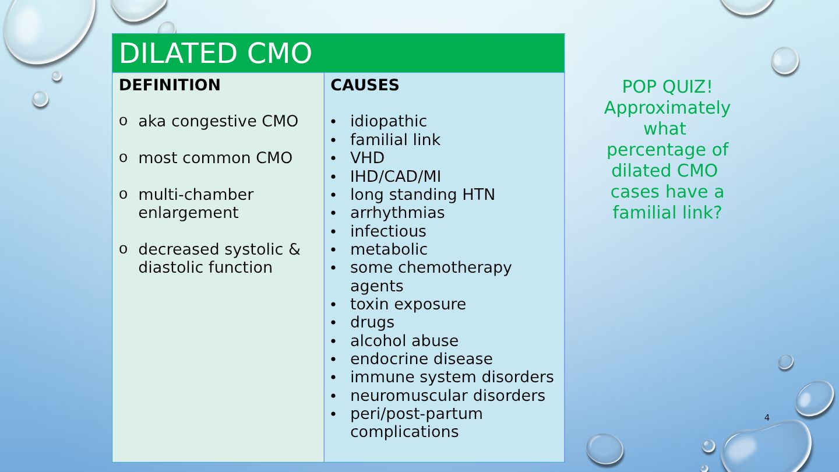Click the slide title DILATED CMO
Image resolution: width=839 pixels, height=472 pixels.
point(216,53)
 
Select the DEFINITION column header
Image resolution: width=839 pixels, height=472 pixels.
point(170,85)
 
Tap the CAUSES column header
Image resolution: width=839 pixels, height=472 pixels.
point(365,85)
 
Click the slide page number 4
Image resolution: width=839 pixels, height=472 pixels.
point(767,418)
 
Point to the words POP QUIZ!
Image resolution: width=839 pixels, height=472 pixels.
point(667,87)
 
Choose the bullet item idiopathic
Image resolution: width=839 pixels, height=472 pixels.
point(389,121)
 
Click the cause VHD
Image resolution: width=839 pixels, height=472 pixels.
point(367,158)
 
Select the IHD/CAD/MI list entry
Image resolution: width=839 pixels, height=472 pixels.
point(396,177)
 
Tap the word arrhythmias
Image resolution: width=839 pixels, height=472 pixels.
point(397,213)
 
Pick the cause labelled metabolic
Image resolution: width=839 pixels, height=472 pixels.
point(389,249)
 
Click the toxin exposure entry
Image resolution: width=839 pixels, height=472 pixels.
point(408,304)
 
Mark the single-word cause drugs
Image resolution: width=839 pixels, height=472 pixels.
point(372,323)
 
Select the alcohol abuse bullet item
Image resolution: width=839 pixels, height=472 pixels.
point(404,341)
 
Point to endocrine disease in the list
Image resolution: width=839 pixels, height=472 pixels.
point(421,359)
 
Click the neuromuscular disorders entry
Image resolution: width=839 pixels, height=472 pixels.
point(447,396)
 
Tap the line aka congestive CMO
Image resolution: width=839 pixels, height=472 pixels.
point(218,121)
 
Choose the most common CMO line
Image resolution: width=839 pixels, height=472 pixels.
point(216,158)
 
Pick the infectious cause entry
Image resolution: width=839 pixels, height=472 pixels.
point(388,231)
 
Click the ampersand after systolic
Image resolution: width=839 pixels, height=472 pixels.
point(295,249)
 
